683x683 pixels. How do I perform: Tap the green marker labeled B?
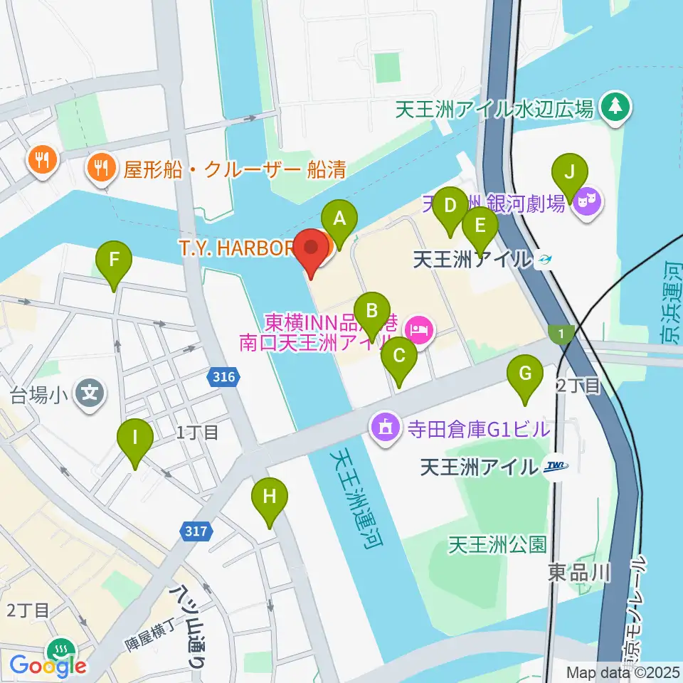point(371,310)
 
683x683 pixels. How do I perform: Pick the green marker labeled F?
point(114,260)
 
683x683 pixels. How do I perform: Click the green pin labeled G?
point(525,374)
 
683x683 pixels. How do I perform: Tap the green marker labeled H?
point(269,497)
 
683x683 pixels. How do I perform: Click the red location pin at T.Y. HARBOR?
point(312,249)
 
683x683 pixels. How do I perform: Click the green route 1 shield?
point(561,332)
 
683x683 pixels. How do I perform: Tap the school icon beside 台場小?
point(91,391)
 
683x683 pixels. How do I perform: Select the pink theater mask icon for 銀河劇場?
point(590,203)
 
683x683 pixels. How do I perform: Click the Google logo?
point(48,665)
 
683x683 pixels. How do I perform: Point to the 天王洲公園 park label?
point(497,545)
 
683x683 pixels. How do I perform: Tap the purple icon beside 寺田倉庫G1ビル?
point(385,428)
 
